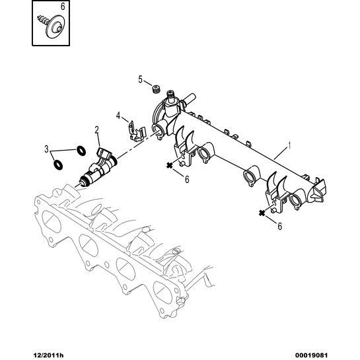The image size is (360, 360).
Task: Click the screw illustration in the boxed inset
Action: [x=52, y=25]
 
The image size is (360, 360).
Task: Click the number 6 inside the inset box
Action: [x=63, y=7]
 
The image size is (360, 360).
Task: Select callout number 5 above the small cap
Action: [x=141, y=79]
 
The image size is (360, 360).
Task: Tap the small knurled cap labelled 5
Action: [x=157, y=89]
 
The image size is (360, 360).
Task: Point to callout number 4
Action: [x=118, y=116]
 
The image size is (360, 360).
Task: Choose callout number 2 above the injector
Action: [x=97, y=130]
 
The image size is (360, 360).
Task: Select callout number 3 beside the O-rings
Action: [x=46, y=149]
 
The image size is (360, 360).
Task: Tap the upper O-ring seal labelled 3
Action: [x=81, y=151]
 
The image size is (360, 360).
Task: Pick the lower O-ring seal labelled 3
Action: [x=58, y=164]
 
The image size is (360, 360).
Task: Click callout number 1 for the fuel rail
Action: [x=290, y=145]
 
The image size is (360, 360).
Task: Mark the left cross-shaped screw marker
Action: [x=170, y=165]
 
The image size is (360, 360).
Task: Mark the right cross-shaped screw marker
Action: [x=262, y=213]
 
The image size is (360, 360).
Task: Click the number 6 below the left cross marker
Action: [x=187, y=179]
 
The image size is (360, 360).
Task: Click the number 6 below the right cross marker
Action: [x=279, y=227]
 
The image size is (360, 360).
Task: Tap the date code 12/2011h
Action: [x=48, y=355]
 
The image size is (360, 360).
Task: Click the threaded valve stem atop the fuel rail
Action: [x=171, y=96]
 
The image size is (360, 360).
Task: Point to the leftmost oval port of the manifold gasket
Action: [x=52, y=221]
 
